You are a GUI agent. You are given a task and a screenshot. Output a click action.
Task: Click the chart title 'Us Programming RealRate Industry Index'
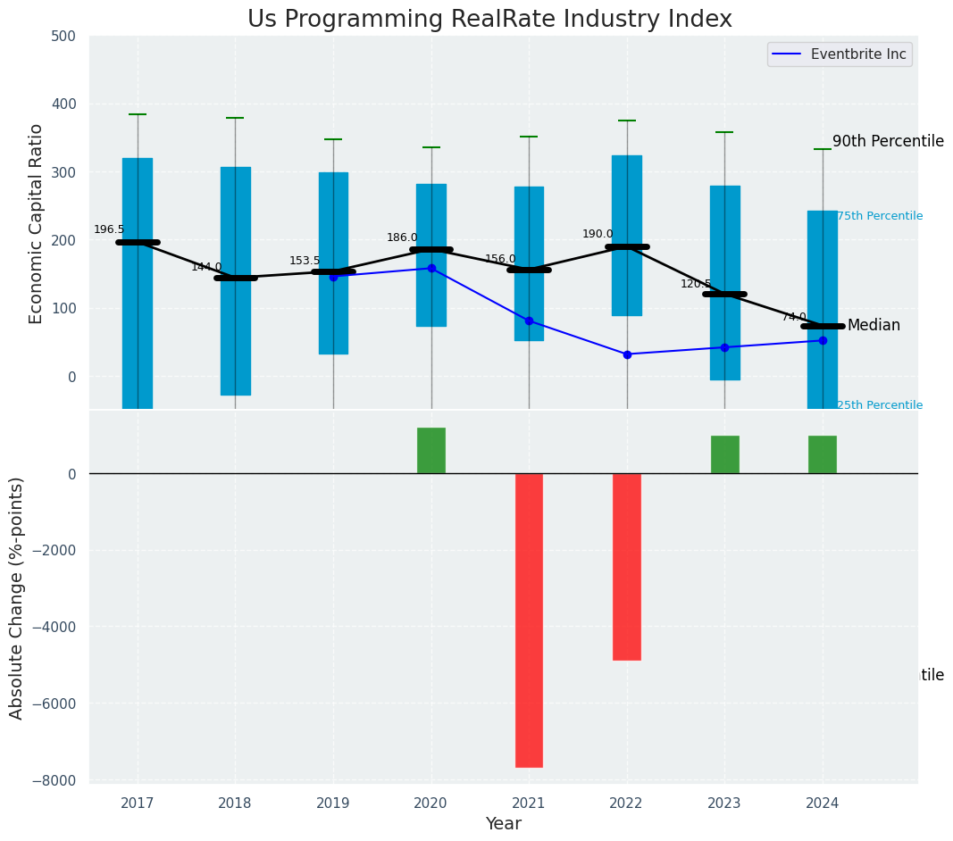click(x=489, y=20)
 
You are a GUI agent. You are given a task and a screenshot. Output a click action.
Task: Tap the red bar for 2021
click(x=529, y=620)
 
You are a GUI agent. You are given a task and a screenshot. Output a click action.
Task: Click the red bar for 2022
click(x=627, y=566)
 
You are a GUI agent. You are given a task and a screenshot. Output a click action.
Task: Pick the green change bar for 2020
click(x=431, y=451)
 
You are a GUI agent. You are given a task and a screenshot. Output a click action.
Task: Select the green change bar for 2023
click(x=724, y=454)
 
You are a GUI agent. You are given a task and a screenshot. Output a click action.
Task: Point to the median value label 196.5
click(x=109, y=229)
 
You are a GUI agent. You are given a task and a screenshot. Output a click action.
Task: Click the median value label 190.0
click(x=598, y=234)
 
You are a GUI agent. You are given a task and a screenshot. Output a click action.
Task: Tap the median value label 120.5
click(x=696, y=284)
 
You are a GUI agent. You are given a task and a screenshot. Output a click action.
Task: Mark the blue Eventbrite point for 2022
click(x=627, y=354)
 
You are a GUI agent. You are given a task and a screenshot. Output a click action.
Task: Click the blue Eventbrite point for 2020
click(x=431, y=268)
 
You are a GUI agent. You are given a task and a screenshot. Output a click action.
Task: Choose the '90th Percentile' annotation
click(x=888, y=141)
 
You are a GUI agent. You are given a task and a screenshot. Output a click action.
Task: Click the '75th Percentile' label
click(x=880, y=216)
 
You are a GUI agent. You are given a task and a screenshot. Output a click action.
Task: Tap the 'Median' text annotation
click(x=874, y=326)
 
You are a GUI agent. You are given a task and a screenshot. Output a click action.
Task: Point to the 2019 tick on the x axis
click(x=333, y=804)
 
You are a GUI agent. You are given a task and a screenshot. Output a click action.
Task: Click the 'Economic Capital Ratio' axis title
click(x=36, y=223)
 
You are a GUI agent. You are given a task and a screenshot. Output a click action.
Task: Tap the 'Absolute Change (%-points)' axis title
click(x=16, y=597)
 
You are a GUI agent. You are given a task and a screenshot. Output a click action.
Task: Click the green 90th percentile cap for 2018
click(x=235, y=118)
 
